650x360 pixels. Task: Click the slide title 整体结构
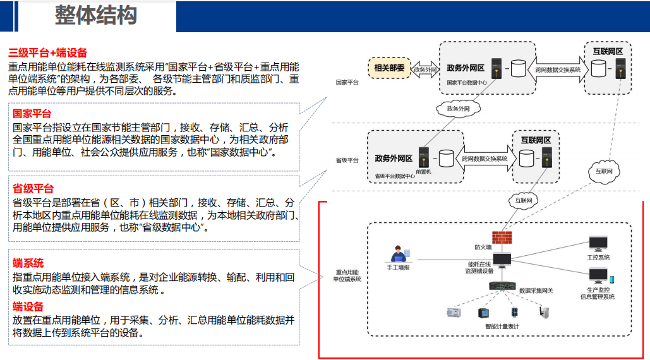coord(95,16)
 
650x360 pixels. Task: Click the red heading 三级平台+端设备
coord(48,53)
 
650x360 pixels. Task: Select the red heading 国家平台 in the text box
coord(32,114)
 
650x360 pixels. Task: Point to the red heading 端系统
coord(28,263)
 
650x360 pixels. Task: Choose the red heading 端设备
coord(28,306)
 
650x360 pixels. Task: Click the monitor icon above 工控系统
coord(598,244)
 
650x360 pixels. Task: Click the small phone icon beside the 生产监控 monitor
coord(611,279)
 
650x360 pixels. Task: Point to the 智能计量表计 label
coord(502,326)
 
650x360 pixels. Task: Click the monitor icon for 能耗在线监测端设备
coord(503,260)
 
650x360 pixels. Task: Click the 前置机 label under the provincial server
coord(423,171)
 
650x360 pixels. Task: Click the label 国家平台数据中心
coord(467,82)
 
